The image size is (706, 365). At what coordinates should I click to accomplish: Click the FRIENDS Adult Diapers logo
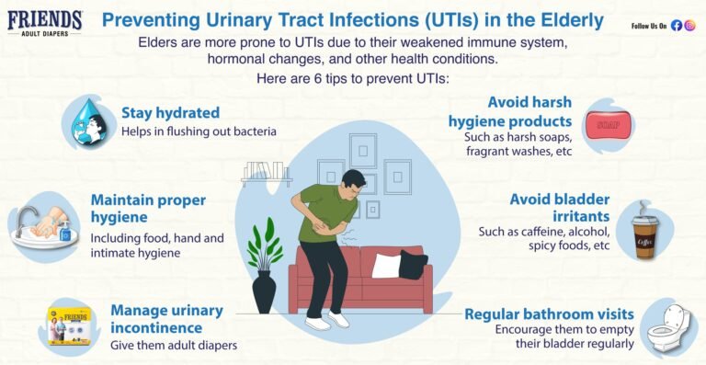pos(45,23)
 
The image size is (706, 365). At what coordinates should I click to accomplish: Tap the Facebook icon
pos(676,26)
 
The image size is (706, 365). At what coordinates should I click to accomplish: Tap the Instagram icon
pos(689,26)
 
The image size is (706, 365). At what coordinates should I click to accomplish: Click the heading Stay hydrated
pos(170,113)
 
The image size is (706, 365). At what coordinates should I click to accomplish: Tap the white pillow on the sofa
pos(385,265)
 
